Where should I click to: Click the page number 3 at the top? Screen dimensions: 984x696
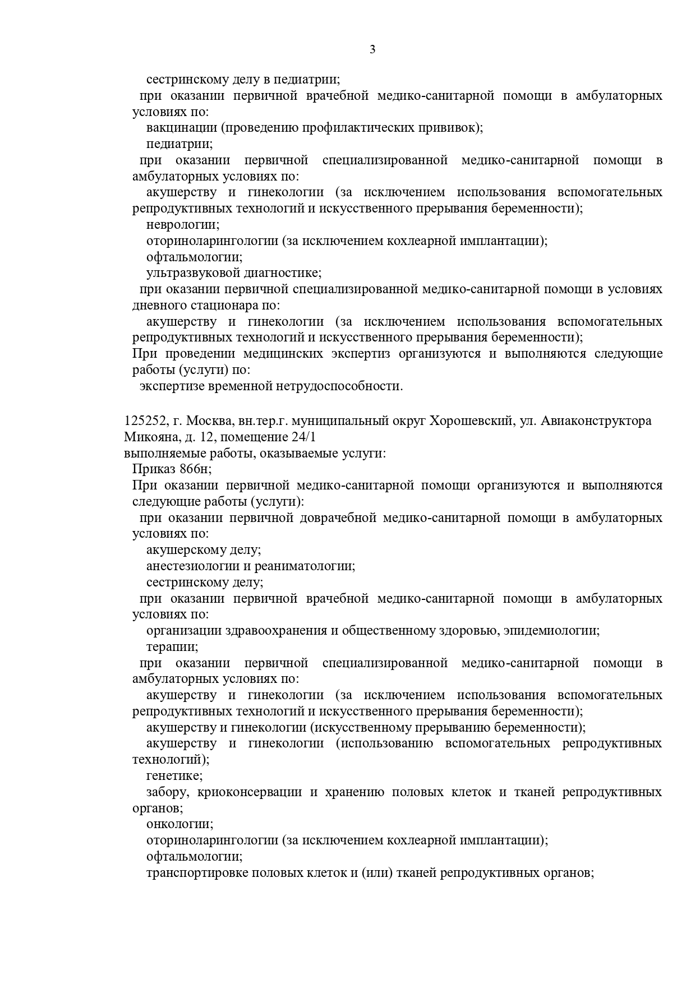[372, 49]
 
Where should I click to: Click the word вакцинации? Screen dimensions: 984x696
[182, 128]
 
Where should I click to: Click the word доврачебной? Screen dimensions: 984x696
[338, 518]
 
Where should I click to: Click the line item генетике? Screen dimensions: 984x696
[174, 776]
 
